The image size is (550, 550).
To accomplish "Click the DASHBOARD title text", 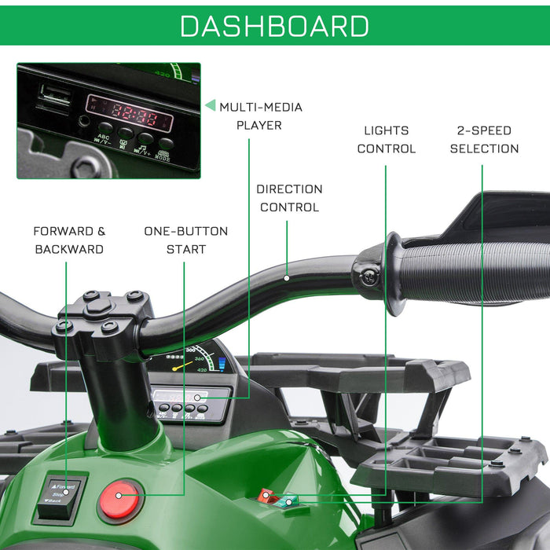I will click(x=274, y=25).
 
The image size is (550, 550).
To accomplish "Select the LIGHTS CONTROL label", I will click(x=386, y=139).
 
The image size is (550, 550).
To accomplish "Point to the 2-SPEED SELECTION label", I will click(x=484, y=139).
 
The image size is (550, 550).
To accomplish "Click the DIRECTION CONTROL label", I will click(x=289, y=198).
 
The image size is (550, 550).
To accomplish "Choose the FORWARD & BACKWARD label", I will click(x=68, y=240).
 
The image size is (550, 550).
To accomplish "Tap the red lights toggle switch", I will click(x=266, y=496).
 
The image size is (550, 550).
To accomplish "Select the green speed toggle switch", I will click(x=290, y=499).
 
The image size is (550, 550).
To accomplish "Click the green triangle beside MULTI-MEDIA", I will click(x=210, y=105).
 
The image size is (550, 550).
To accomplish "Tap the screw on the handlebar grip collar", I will click(x=368, y=276).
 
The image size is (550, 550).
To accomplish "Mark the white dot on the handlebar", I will click(x=287, y=277).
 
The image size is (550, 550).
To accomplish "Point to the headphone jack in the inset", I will click(x=83, y=121).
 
